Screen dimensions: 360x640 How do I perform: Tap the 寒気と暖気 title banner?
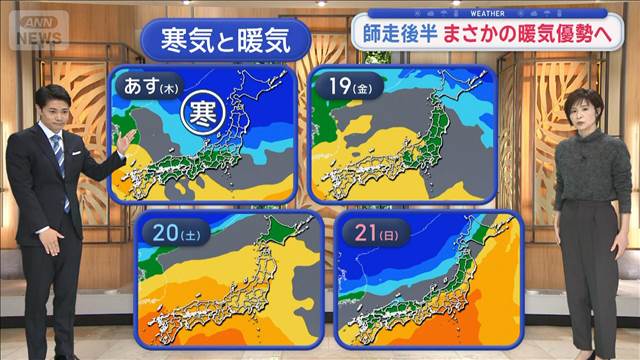point(222,42)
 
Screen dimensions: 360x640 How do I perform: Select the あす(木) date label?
point(149,86)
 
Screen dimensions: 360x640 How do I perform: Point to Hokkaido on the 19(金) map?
point(455,95)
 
